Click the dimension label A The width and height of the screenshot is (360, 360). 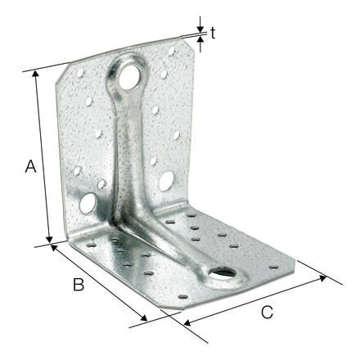30,167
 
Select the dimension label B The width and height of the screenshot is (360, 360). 79,285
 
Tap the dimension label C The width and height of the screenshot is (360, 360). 267,312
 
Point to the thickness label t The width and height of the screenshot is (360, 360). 213,33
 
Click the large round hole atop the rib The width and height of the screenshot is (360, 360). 130,78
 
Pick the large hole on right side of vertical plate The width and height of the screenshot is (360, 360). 166,180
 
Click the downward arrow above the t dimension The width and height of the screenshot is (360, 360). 200,24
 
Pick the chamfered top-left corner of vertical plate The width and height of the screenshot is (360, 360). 62,79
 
